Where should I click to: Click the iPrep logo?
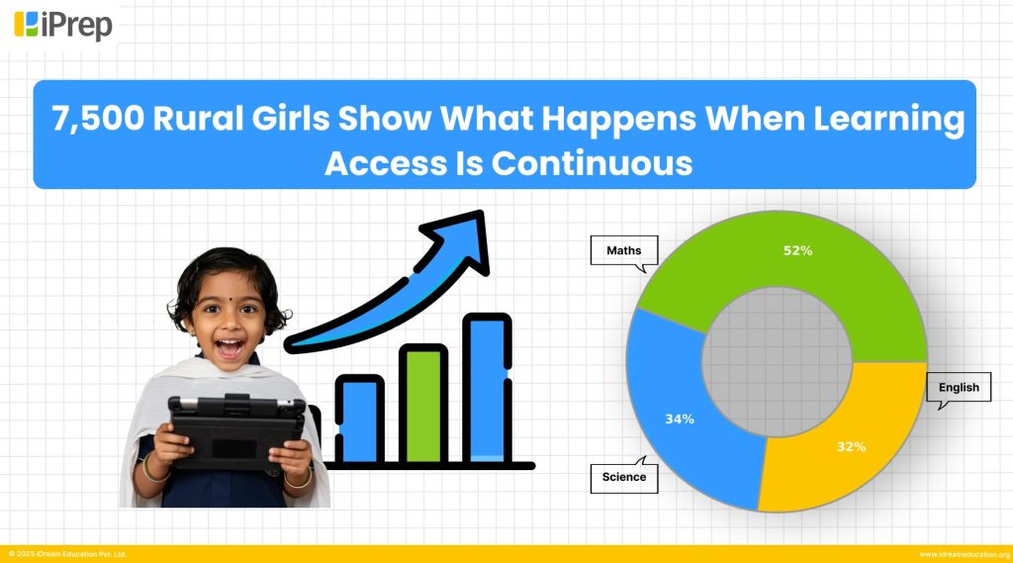[64, 24]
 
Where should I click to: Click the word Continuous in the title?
[592, 162]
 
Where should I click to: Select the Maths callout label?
[622, 251]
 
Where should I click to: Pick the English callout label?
[959, 387]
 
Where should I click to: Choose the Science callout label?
[623, 477]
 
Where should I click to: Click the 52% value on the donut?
[797, 251]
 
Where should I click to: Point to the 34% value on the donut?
[680, 420]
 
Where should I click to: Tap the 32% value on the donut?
[851, 446]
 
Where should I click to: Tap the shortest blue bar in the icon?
[359, 420]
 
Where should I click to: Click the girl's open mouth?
[230, 348]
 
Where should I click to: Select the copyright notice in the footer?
[67, 554]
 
